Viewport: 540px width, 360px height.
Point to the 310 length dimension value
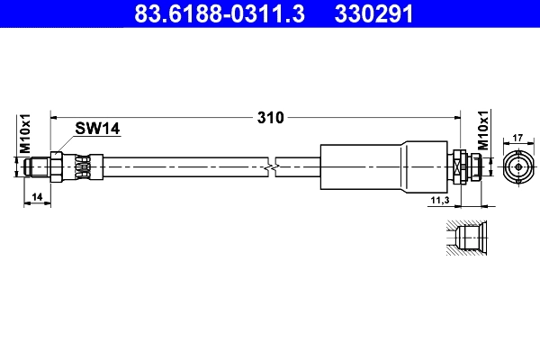coord(271,117)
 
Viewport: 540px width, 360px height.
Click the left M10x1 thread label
coord(25,134)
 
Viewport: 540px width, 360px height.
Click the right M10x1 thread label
coord(482,131)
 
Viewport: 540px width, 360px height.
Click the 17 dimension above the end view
coord(517,138)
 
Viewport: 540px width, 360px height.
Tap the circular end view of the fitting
coord(517,166)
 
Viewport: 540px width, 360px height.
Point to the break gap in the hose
coord(274,166)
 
